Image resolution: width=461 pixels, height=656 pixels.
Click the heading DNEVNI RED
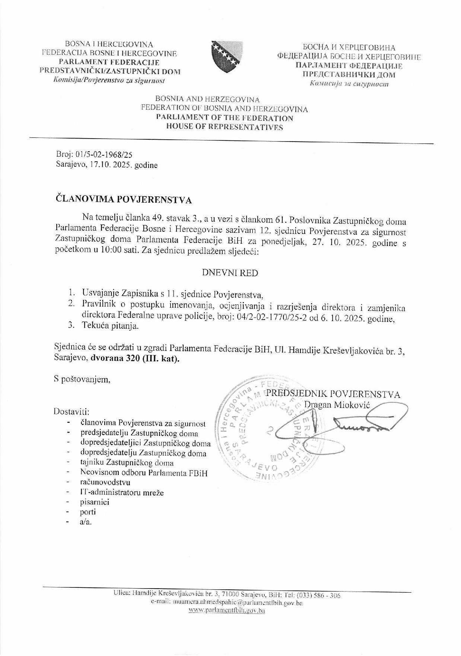pos(230,273)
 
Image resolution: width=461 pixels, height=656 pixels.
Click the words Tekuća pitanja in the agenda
pos(110,326)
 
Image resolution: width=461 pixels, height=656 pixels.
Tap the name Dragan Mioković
pos(337,405)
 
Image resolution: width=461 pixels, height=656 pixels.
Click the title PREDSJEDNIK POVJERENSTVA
pos(333,394)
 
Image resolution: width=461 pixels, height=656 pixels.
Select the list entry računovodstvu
pos(105,483)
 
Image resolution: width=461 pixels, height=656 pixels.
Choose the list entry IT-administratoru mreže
pos(122,492)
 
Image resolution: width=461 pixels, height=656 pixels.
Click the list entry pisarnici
pos(95,502)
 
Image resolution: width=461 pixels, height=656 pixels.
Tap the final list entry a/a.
pos(86,522)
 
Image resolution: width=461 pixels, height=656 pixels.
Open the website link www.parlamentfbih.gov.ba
pos(227,611)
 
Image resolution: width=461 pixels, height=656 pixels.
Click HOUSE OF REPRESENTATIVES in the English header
pos(225,127)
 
